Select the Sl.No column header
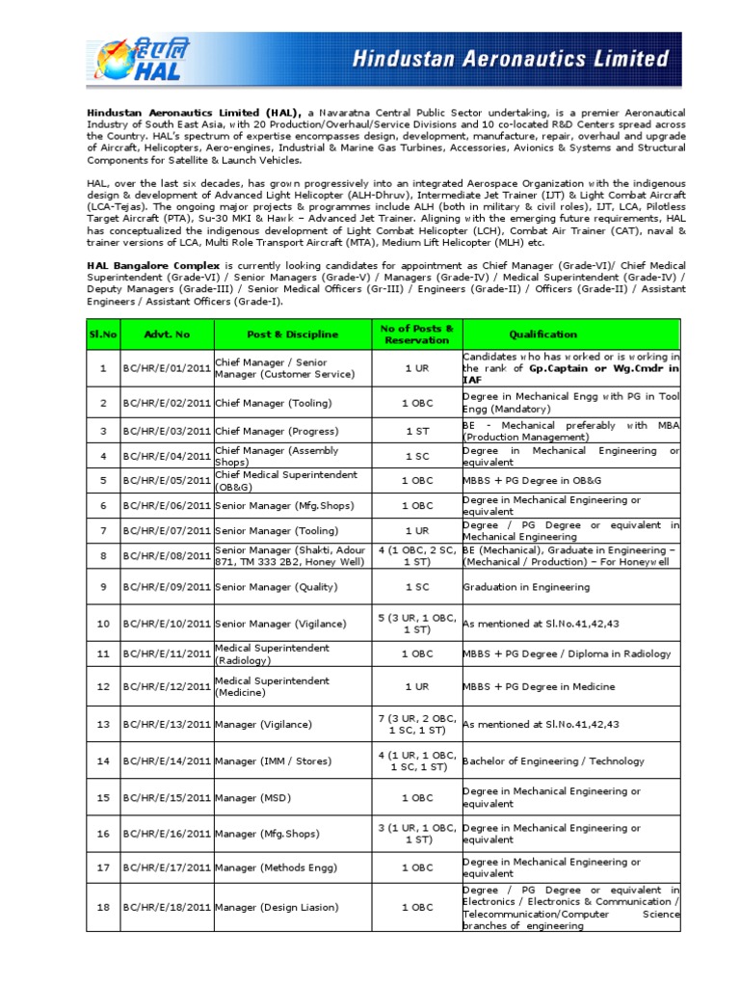coord(102,334)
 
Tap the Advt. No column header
coord(167,334)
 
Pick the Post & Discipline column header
coord(292,334)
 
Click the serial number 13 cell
coord(102,725)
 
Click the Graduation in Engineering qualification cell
coord(526,587)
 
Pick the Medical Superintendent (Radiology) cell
coord(272,654)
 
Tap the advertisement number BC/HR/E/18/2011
coord(167,907)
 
